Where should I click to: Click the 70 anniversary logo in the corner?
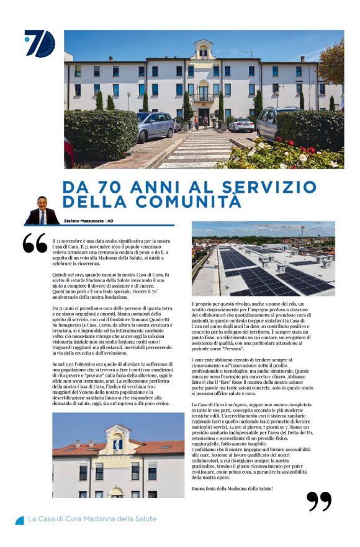[x=40, y=43]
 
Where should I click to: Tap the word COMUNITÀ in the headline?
[x=188, y=202]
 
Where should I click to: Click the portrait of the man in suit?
[x=42, y=211]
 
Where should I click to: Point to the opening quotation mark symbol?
[x=35, y=243]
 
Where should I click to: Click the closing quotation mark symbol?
[x=319, y=500]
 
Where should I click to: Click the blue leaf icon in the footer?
[x=19, y=520]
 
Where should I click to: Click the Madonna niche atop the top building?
[x=203, y=51]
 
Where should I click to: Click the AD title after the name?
[x=110, y=220]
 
